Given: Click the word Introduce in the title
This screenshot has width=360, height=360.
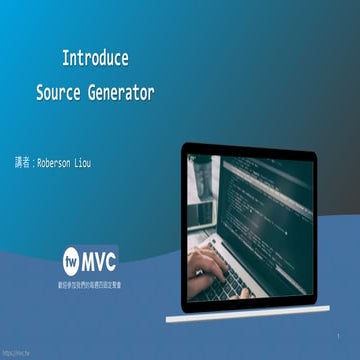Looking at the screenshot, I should pos(94,57).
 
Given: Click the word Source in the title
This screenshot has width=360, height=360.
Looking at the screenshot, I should pos(58,93).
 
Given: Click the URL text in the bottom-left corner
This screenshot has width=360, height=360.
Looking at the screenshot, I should pos(14,353).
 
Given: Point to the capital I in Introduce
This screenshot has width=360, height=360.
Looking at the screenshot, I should pos(66,57).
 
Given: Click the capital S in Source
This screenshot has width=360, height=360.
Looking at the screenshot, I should pos(40,93).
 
